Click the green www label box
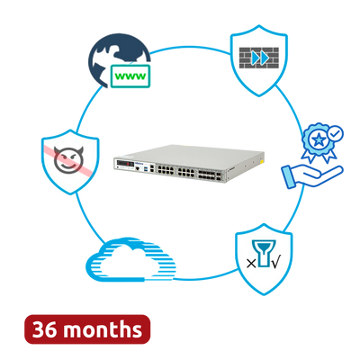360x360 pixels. pyautogui.click(x=130, y=76)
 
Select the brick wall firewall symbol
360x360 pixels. pyautogui.click(x=259, y=58)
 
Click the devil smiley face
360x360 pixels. pyautogui.click(x=68, y=159)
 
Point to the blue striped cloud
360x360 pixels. pyautogui.click(x=130, y=259)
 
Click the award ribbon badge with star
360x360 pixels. pyautogui.click(x=319, y=141)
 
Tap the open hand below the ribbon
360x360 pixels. pyautogui.click(x=312, y=176)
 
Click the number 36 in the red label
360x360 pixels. pyautogui.click(x=44, y=329)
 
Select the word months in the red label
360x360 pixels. pyautogui.click(x=103, y=329)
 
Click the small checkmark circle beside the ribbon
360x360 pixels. pyautogui.click(x=335, y=134)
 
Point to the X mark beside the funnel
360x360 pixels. pyautogui.click(x=251, y=264)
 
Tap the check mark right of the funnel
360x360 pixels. pyautogui.click(x=275, y=263)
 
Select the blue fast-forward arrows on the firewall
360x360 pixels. pyautogui.click(x=260, y=58)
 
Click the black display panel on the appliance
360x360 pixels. pyautogui.click(x=125, y=164)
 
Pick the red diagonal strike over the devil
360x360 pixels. pyautogui.click(x=68, y=159)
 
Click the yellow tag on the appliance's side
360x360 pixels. pyautogui.click(x=262, y=161)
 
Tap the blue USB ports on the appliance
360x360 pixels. pyautogui.click(x=146, y=170)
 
